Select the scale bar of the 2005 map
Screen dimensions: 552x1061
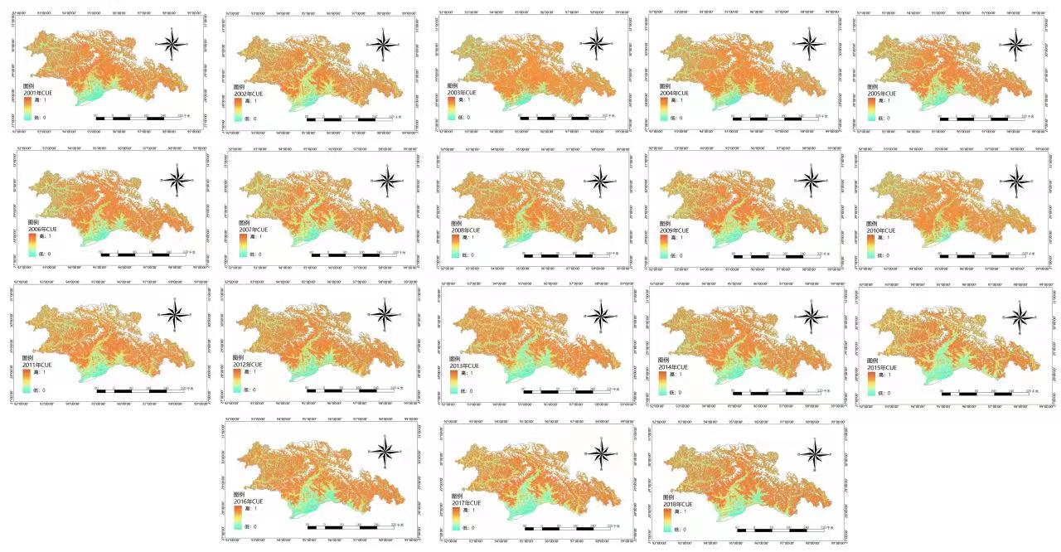pos(982,119)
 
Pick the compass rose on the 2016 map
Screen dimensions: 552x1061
pos(385,453)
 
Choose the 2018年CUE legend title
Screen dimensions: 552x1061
pos(677,504)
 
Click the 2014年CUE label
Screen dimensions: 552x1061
pos(672,367)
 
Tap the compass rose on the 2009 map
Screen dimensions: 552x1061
pos(811,180)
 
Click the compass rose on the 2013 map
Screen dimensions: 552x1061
pos(601,317)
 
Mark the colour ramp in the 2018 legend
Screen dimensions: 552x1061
pos(667,520)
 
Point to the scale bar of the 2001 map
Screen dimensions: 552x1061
pos(138,119)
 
